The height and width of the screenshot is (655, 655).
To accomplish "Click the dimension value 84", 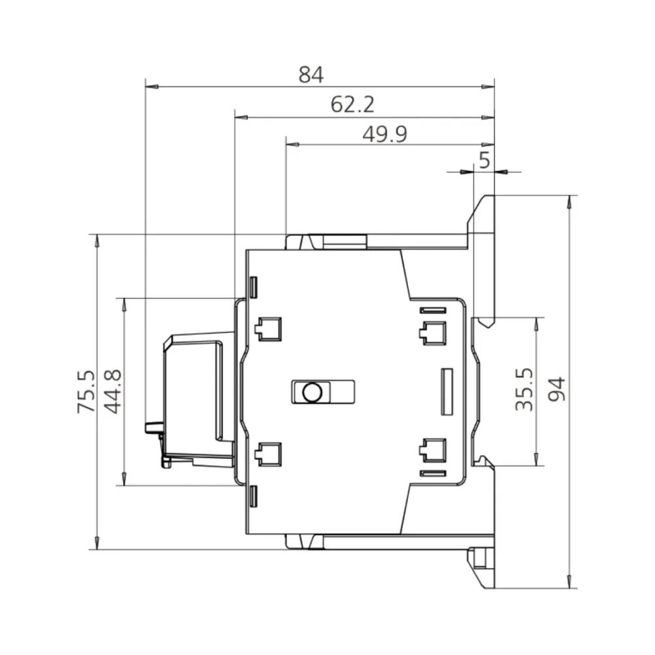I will pyautogui.click(x=311, y=75).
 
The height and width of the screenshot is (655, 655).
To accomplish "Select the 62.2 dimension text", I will pyautogui.click(x=352, y=105).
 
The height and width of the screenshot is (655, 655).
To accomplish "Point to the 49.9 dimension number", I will pyautogui.click(x=385, y=134).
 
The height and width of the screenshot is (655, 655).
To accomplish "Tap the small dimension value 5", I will pyautogui.click(x=484, y=160).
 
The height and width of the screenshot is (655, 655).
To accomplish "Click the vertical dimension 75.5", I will pyautogui.click(x=86, y=391).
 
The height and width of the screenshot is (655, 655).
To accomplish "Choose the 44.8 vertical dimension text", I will pyautogui.click(x=113, y=391).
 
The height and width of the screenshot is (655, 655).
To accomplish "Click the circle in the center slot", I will pyautogui.click(x=311, y=392).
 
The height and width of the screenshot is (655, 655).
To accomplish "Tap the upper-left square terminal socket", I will pyautogui.click(x=269, y=329).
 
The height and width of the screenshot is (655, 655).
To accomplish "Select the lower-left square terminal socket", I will pyautogui.click(x=269, y=454).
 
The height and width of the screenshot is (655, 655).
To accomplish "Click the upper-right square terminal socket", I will pyautogui.click(x=432, y=332).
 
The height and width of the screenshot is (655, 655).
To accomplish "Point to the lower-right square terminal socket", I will pyautogui.click(x=432, y=451).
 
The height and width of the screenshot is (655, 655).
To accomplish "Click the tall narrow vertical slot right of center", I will pyautogui.click(x=447, y=392).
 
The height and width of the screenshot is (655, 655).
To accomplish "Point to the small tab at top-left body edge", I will pyautogui.click(x=253, y=286).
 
